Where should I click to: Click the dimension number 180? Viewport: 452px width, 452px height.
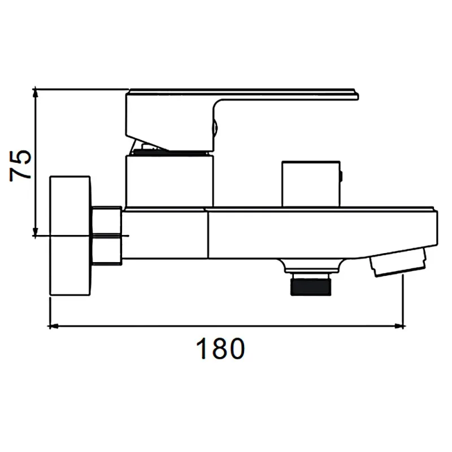220,349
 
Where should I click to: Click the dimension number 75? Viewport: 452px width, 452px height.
20,166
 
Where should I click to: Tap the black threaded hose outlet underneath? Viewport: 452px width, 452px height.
311,285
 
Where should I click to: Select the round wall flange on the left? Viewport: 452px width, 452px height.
70,236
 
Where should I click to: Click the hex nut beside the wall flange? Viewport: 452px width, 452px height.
107,235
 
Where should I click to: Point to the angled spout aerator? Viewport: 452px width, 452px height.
398,262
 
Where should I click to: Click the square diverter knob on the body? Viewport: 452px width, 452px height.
311,184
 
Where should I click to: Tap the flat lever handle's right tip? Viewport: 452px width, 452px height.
359,95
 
